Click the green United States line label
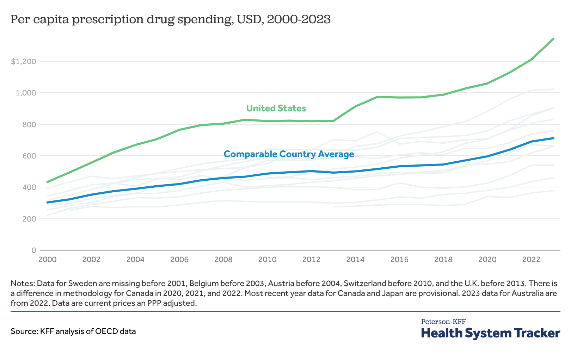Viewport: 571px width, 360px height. coord(276,108)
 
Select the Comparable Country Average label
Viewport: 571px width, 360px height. coord(289,154)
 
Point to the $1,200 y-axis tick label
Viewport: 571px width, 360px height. coord(24,62)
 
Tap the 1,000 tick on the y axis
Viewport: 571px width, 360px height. coord(26,93)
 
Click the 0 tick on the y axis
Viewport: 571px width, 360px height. coord(34,250)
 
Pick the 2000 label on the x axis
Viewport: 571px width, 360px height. coord(47,260)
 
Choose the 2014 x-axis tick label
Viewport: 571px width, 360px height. coord(355,260)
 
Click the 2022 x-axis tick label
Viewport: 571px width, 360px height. coord(531,260)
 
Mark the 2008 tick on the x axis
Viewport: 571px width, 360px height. coord(223,260)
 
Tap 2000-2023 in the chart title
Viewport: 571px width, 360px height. coord(299,19)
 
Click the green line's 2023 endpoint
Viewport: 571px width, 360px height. coord(553,39)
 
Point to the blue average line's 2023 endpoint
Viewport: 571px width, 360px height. coord(553,138)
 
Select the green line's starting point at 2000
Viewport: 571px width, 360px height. coord(48,182)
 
